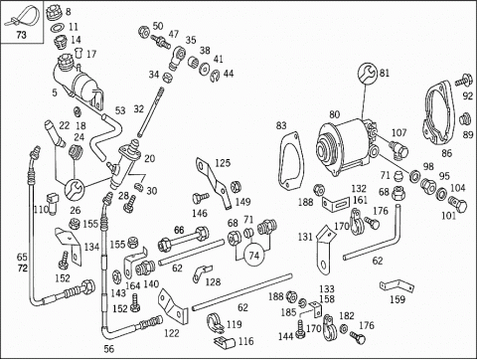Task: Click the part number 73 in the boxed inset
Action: click(x=22, y=35)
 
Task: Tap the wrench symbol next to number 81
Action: click(x=368, y=73)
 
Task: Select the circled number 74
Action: click(x=254, y=256)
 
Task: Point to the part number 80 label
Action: click(x=334, y=114)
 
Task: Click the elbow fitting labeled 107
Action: click(x=399, y=149)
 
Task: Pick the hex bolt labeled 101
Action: click(x=458, y=204)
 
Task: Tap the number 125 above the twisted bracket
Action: click(x=223, y=163)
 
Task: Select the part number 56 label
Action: click(x=108, y=349)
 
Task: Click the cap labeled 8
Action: click(x=54, y=13)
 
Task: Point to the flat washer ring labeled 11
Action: click(x=58, y=27)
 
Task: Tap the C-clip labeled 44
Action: click(x=215, y=76)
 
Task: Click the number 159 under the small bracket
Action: click(x=397, y=299)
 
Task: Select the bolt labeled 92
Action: click(x=463, y=80)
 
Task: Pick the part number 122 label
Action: click(x=172, y=333)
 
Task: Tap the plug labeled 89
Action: click(x=466, y=119)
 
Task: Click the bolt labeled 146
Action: click(x=201, y=198)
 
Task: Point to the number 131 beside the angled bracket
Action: click(x=305, y=237)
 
